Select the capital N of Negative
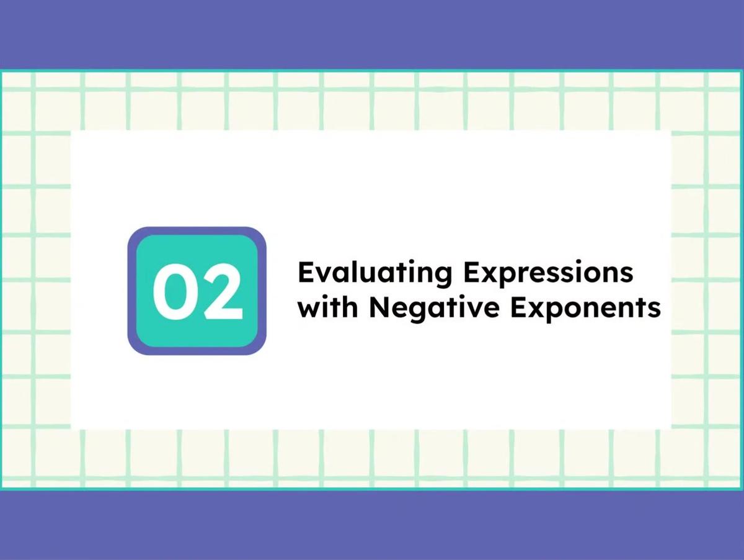tap(378, 308)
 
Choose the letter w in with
tap(308, 309)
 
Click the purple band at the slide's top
tap(372, 34)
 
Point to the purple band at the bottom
tap(372, 525)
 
